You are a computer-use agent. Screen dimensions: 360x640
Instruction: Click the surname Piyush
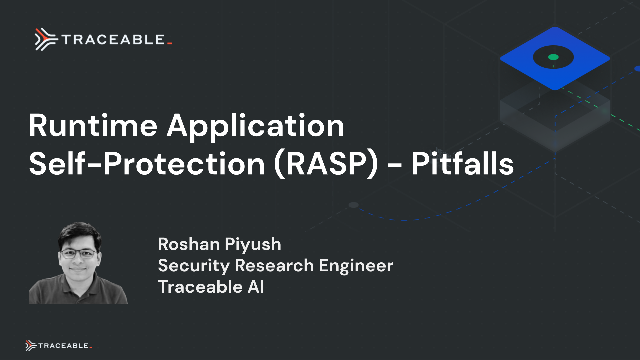(x=255, y=244)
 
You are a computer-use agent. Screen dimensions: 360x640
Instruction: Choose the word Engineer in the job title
(x=356, y=265)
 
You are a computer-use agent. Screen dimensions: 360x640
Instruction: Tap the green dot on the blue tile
(x=552, y=56)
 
